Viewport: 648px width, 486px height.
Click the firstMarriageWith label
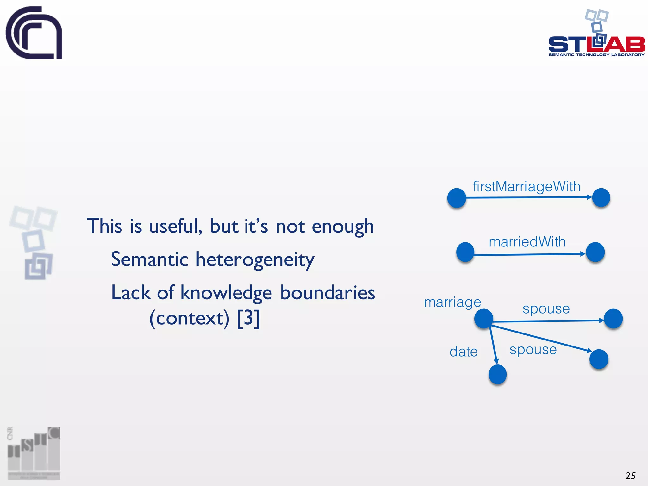click(526, 186)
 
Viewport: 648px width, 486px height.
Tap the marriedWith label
click(527, 242)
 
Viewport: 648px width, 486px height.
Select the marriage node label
click(452, 302)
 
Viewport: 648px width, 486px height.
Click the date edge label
click(464, 352)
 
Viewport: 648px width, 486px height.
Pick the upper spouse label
click(546, 308)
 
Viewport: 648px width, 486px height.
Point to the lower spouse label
click(533, 350)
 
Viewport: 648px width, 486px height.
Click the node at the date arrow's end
click(498, 374)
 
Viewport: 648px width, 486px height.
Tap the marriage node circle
click(483, 319)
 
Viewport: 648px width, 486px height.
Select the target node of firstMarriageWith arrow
click(601, 198)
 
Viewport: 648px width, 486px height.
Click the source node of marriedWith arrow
click(465, 252)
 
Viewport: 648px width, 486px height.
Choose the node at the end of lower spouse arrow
click(599, 359)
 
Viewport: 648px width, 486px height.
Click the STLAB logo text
click(596, 44)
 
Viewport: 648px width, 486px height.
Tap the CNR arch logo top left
click(34, 33)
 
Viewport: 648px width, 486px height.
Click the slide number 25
click(630, 476)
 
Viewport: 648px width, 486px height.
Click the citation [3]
click(248, 318)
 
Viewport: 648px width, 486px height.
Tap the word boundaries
click(327, 293)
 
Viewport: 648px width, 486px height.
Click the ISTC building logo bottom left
click(34, 452)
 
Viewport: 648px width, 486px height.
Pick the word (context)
click(189, 318)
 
